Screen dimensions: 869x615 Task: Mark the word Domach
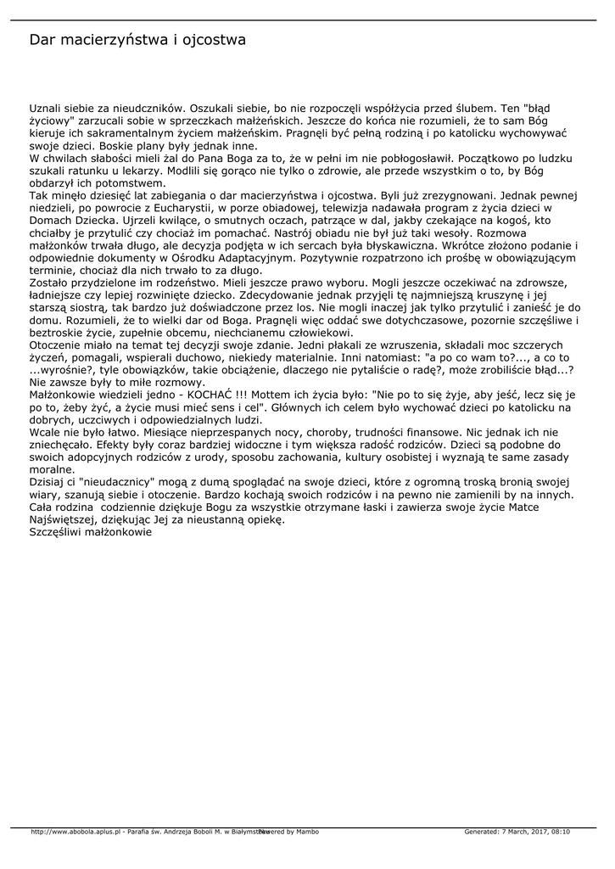click(50, 219)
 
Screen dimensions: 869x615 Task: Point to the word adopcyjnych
click(110, 456)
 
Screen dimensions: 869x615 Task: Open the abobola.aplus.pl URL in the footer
click(76, 831)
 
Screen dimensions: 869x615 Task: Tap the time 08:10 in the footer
click(560, 831)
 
